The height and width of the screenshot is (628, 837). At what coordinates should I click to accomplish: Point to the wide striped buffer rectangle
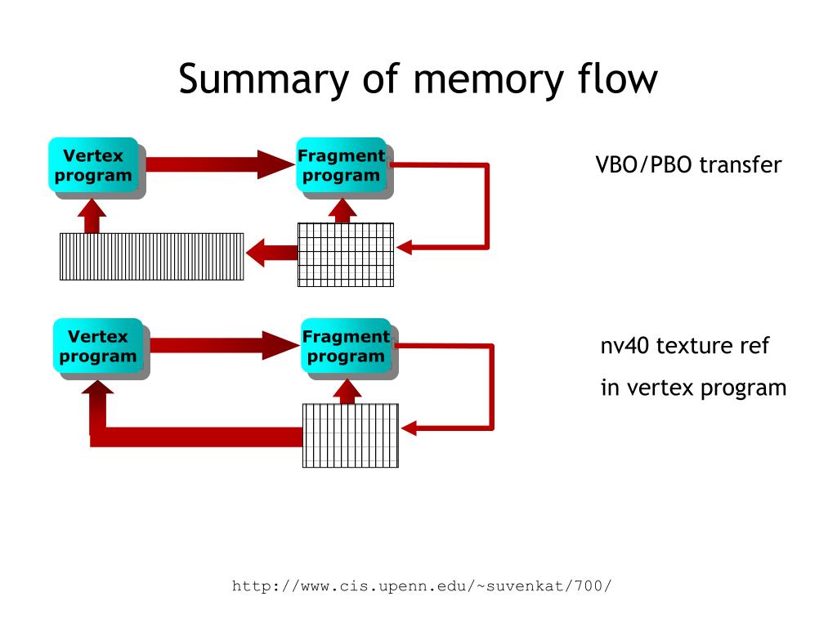point(151,256)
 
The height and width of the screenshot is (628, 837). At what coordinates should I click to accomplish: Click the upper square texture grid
point(346,255)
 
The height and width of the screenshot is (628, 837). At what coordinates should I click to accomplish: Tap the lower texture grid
point(351,436)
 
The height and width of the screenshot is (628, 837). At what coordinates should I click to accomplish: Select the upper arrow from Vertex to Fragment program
point(220,164)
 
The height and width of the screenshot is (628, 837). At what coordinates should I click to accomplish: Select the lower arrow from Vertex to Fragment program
point(225,346)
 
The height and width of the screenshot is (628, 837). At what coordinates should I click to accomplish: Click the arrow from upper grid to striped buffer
point(271,253)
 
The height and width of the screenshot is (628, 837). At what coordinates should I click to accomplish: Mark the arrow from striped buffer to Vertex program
point(92,216)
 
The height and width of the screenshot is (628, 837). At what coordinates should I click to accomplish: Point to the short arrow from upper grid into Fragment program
point(342,210)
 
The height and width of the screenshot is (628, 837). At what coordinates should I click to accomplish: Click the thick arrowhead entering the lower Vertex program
point(98,388)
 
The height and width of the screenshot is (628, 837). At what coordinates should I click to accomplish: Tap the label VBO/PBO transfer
point(688,164)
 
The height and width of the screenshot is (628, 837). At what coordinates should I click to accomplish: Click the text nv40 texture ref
point(685,346)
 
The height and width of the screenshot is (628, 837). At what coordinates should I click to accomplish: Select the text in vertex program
point(693,388)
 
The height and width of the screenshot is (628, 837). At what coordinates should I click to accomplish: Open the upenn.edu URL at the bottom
point(421,586)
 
